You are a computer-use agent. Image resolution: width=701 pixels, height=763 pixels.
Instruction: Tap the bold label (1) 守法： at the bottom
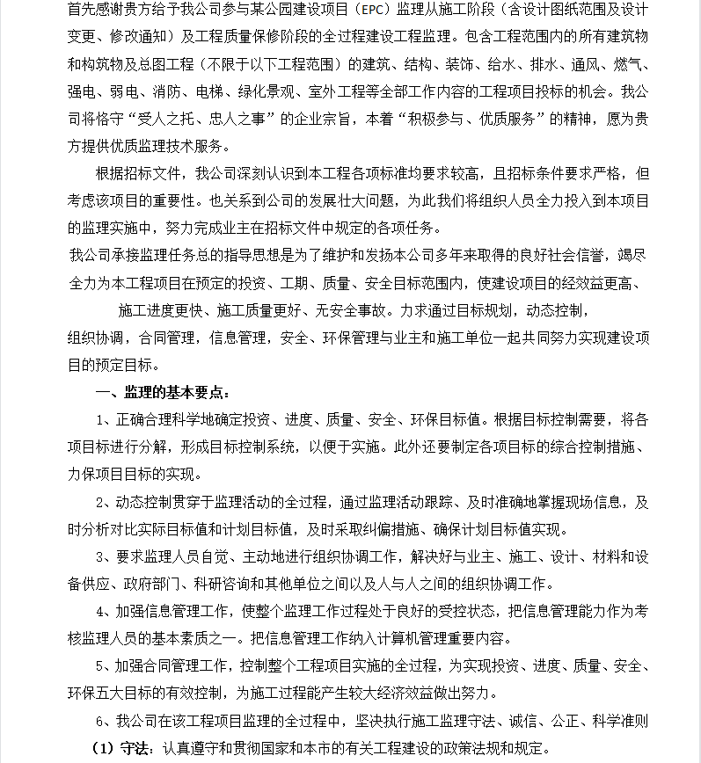coord(125,749)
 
